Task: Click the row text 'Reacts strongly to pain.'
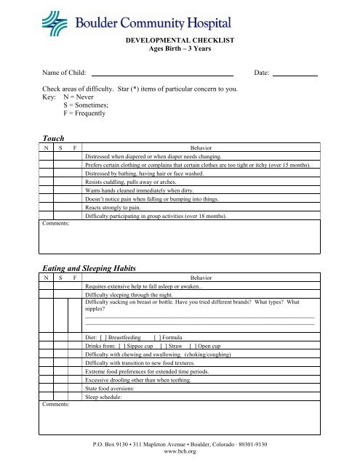[x=121, y=207]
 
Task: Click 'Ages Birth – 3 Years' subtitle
[x=180, y=52]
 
